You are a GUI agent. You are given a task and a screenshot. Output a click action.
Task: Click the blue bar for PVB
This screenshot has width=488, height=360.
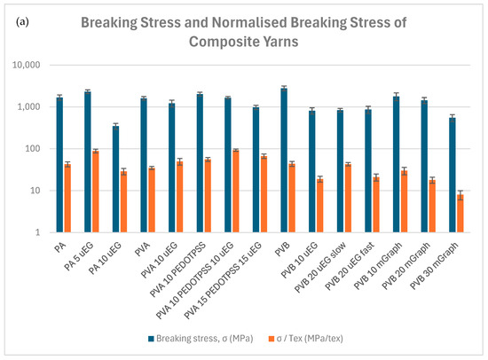(x=284, y=160)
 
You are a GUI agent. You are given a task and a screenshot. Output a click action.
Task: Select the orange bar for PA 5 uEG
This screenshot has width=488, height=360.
(x=96, y=192)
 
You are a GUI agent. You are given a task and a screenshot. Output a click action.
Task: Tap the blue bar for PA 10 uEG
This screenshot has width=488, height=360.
(x=115, y=179)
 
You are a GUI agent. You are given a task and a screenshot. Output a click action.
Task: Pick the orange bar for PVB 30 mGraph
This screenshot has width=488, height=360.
(x=460, y=214)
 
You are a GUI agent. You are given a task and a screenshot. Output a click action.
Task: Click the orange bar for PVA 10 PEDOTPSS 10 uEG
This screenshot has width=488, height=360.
(x=236, y=191)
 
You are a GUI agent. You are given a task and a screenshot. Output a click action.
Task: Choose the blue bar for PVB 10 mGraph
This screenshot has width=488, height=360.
(x=397, y=164)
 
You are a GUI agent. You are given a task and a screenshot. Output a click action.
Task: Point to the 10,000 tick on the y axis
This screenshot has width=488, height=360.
(x=26, y=65)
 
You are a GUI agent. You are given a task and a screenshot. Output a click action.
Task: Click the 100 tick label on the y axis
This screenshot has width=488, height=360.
(x=32, y=149)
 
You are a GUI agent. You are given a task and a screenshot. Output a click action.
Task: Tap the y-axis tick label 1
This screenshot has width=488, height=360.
(x=37, y=232)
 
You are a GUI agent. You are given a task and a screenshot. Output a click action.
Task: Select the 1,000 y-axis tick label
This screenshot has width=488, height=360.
(x=28, y=106)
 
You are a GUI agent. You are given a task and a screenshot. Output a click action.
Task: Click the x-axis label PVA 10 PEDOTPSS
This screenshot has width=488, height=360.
(x=177, y=270)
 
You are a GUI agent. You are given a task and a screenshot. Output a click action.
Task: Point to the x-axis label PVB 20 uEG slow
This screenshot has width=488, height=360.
(x=320, y=267)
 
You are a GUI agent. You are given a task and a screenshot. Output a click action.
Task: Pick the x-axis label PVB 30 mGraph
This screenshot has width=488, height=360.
(x=434, y=265)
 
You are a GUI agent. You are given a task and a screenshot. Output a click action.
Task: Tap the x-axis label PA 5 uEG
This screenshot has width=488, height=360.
(x=79, y=256)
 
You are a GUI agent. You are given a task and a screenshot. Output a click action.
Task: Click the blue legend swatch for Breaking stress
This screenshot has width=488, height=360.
(x=151, y=339)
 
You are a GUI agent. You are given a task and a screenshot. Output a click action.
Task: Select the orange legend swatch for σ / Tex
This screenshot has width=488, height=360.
(x=272, y=339)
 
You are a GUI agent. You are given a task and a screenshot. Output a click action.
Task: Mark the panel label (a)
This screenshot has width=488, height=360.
(x=22, y=22)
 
